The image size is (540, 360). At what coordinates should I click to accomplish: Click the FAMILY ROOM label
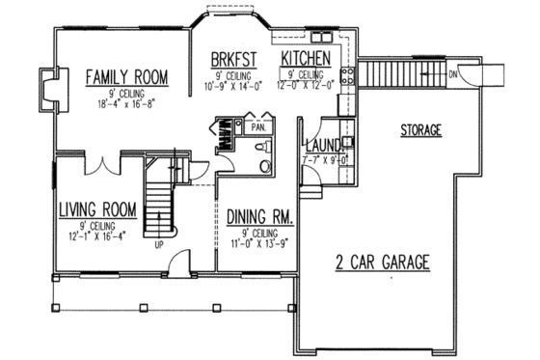126,75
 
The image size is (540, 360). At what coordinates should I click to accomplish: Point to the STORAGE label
420,128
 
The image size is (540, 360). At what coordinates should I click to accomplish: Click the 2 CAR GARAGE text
382,262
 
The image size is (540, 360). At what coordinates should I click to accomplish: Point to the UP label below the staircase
159,244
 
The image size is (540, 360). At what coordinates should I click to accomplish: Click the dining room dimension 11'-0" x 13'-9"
261,244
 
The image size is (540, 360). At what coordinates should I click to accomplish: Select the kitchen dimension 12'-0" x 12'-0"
307,84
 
